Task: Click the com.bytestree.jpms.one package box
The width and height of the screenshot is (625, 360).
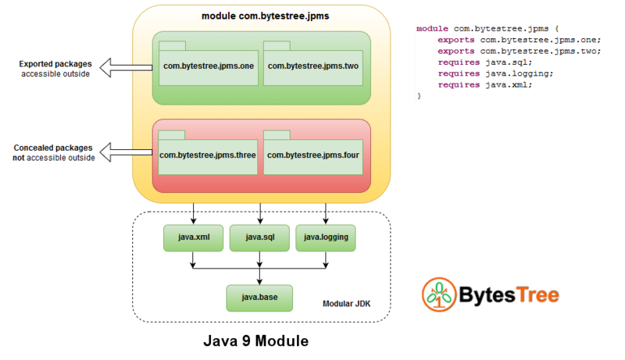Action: point(207,66)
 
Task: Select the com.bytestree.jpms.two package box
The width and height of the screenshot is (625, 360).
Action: point(312,66)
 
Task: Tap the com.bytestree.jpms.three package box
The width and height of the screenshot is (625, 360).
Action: point(207,155)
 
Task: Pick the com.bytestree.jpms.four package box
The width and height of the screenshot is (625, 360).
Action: point(312,155)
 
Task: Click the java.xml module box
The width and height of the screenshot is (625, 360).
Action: point(192,237)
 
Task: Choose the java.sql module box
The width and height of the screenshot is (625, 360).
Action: point(259,237)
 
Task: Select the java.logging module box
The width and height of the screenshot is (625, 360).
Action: point(326,237)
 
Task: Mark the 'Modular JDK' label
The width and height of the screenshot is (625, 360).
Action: point(346,303)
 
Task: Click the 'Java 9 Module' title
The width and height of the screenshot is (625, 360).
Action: point(256,341)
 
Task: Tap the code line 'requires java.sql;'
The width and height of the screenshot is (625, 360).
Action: point(484,62)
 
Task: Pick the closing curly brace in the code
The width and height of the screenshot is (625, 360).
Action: point(420,95)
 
